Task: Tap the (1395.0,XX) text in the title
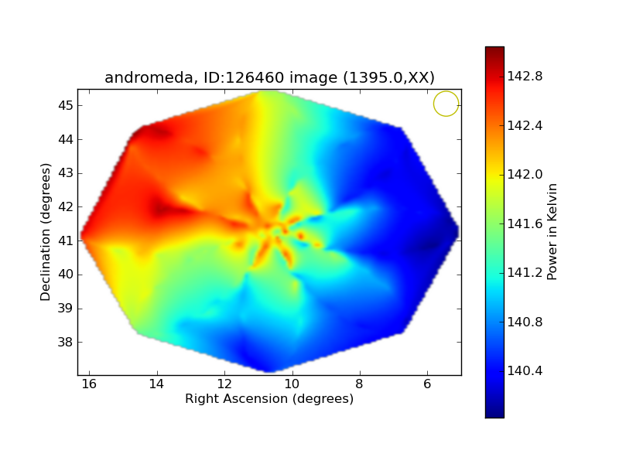(389, 77)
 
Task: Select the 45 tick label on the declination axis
(65, 105)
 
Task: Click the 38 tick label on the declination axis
(65, 342)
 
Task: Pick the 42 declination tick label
(65, 206)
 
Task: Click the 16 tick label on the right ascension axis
(89, 384)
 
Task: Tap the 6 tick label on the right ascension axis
(427, 384)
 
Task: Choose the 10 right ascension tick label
(292, 384)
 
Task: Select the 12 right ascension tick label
(224, 384)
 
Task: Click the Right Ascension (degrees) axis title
(269, 398)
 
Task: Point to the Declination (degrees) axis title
(46, 232)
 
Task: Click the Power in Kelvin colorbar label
(552, 231)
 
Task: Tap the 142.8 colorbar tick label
(525, 76)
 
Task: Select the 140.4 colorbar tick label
(525, 371)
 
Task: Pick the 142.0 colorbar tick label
(525, 175)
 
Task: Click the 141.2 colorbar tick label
(525, 273)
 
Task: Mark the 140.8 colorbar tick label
(525, 322)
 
